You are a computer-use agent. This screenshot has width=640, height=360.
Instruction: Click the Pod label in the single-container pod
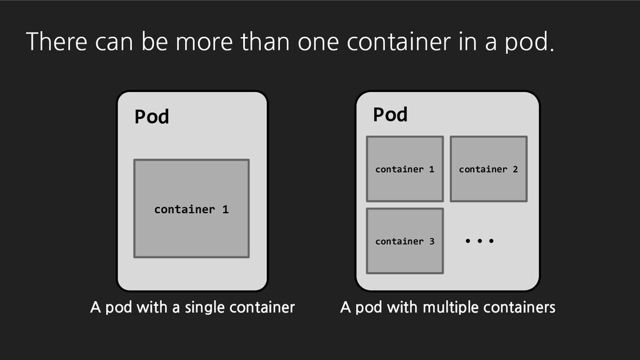click(x=152, y=117)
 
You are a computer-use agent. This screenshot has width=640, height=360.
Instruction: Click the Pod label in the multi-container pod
click(x=390, y=114)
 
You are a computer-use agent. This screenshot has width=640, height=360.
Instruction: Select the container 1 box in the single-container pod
click(x=191, y=208)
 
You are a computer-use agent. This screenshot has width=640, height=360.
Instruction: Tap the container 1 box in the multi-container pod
click(x=404, y=169)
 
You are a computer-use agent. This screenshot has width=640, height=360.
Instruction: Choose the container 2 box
click(x=488, y=169)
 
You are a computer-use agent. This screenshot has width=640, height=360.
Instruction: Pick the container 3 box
click(x=404, y=241)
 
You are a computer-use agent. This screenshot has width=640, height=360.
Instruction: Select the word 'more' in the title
click(x=194, y=42)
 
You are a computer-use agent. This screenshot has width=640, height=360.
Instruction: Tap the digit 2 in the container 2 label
click(x=515, y=169)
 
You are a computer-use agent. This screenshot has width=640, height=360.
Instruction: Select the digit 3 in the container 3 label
click(x=431, y=241)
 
